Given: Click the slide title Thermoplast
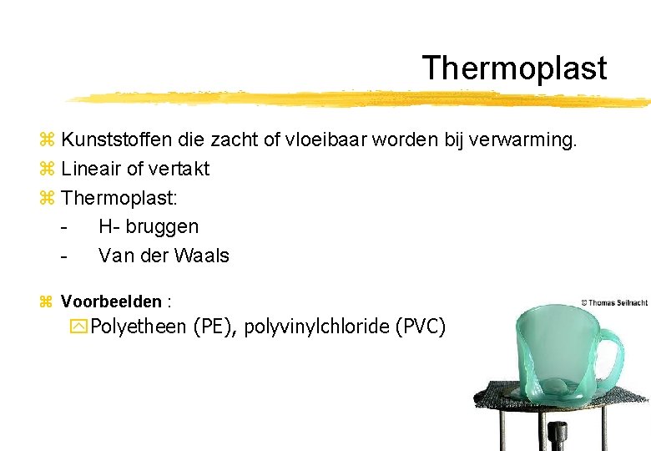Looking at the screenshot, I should pyautogui.click(x=514, y=68).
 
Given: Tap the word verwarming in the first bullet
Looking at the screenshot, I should pyautogui.click(x=522, y=139).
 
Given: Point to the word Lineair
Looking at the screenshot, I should pyautogui.click(x=91, y=169).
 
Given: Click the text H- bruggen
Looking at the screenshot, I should pyautogui.click(x=149, y=226).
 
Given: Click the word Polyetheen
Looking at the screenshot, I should pyautogui.click(x=138, y=327).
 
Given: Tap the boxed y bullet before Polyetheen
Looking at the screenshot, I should pyautogui.click(x=82, y=327).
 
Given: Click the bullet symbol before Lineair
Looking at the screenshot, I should pyautogui.click(x=47, y=169).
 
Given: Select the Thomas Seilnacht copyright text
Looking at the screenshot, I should pyautogui.click(x=613, y=302).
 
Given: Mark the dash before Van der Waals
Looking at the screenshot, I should pyautogui.click(x=64, y=256).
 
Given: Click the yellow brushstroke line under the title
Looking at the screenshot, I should pyautogui.click(x=359, y=99).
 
